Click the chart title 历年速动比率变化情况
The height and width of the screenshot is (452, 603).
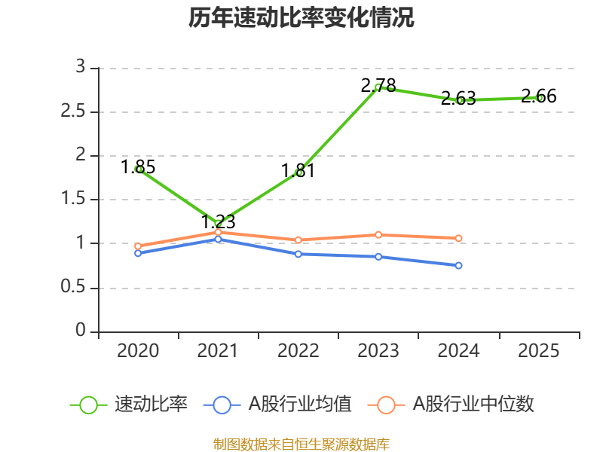click(301, 18)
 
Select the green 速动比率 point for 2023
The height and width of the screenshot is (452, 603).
click(378, 87)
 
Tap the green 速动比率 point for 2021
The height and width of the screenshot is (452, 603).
click(219, 223)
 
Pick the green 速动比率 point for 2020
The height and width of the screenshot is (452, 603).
click(139, 169)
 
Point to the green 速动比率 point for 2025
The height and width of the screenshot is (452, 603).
click(539, 97)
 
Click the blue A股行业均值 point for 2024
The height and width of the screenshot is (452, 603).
click(459, 265)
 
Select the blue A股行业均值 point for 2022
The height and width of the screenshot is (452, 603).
click(298, 254)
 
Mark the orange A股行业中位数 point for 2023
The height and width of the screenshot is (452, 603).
click(378, 234)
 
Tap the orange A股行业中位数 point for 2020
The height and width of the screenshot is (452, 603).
click(138, 246)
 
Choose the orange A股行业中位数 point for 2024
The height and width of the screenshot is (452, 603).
click(459, 238)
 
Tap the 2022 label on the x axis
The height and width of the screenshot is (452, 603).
click(298, 351)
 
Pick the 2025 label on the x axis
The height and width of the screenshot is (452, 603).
click(539, 351)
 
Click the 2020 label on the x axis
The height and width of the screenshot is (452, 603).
click(138, 351)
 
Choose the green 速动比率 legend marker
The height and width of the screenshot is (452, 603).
click(88, 405)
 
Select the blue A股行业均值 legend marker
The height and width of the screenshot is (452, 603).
click(222, 405)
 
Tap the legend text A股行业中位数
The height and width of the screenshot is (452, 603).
click(473, 405)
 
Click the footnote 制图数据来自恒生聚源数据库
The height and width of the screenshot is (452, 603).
click(301, 444)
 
